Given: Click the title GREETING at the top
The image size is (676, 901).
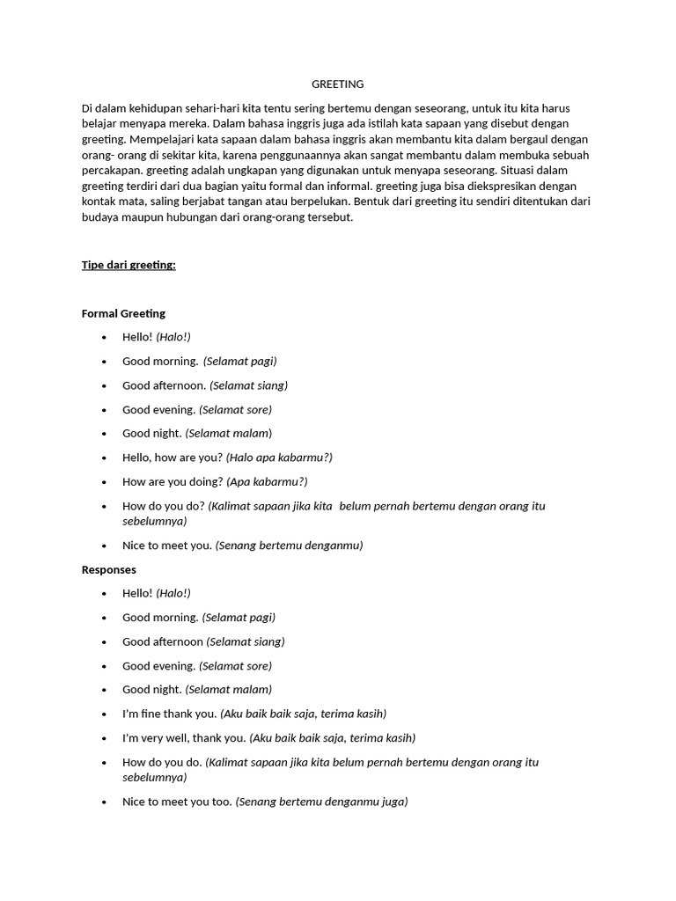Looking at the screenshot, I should [x=337, y=84].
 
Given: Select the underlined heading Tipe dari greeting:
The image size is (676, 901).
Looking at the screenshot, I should [x=129, y=265].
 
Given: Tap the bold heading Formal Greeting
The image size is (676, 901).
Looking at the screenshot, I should [x=123, y=313].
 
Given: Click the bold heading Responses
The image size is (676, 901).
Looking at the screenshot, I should [x=109, y=569].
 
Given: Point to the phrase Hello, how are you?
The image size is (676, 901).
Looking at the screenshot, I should [x=173, y=458].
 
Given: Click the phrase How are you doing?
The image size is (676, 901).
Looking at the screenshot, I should [x=173, y=482].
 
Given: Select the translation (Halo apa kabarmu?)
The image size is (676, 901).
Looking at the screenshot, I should [x=279, y=458].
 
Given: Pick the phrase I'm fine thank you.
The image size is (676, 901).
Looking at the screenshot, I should [x=170, y=714].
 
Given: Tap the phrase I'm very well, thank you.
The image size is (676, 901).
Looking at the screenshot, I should [x=184, y=738].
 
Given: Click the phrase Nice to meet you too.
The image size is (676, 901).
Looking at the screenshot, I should [x=177, y=802].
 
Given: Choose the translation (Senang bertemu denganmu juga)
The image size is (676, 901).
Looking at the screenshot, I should [x=322, y=802].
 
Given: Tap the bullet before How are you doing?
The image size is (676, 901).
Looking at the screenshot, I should [x=105, y=482].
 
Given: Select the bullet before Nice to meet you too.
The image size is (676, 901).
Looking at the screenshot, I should [x=105, y=802].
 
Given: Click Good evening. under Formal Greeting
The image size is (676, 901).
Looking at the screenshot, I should [x=158, y=409].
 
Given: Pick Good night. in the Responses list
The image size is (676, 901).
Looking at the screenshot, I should [x=152, y=690].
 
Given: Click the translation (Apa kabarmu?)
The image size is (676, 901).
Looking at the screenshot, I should [x=267, y=482].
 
